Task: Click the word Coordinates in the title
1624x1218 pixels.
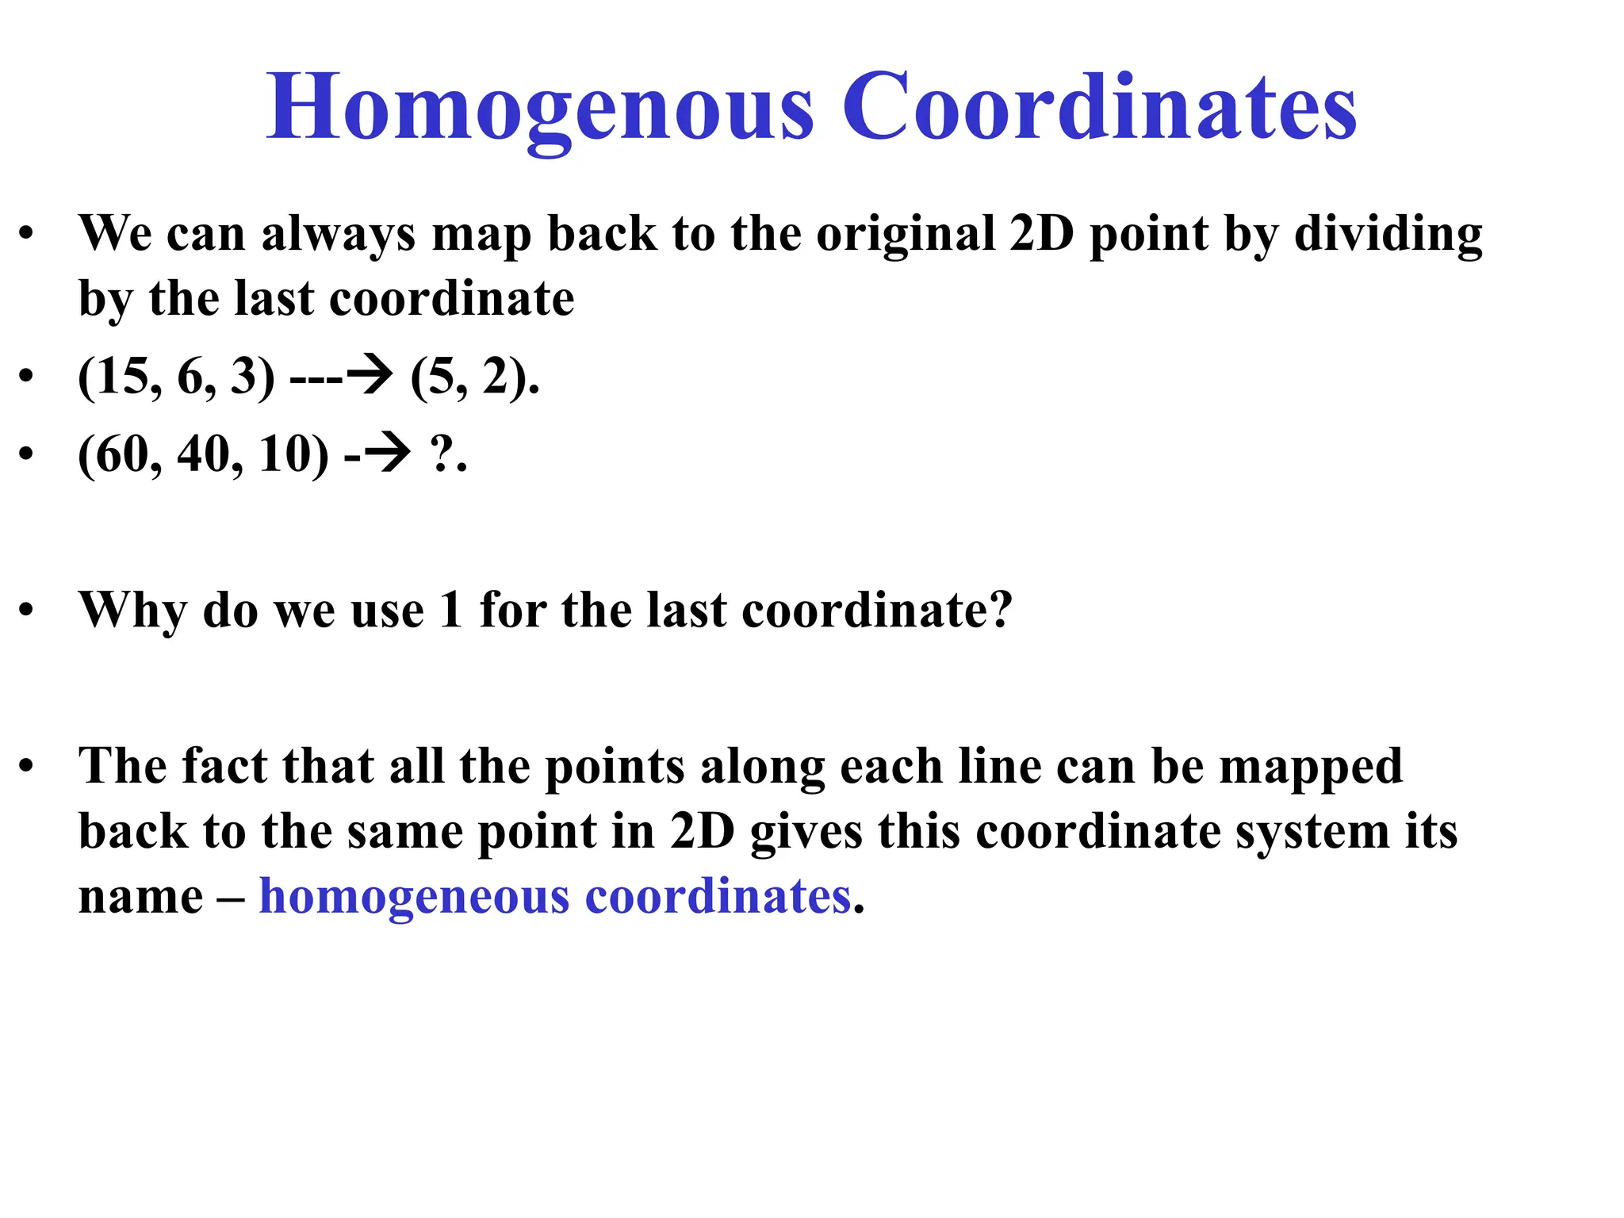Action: coord(1099,107)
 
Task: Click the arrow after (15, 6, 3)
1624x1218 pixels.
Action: coord(370,376)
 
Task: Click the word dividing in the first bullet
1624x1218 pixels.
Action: coord(1388,235)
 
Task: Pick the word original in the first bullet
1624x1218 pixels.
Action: coord(905,235)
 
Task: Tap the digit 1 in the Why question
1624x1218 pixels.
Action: coord(451,610)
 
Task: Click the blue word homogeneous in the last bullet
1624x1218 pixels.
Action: coord(414,897)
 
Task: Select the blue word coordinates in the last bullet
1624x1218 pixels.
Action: coord(718,897)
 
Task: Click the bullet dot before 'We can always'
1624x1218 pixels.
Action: coord(27,234)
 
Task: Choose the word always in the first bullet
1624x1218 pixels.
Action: coord(338,235)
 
